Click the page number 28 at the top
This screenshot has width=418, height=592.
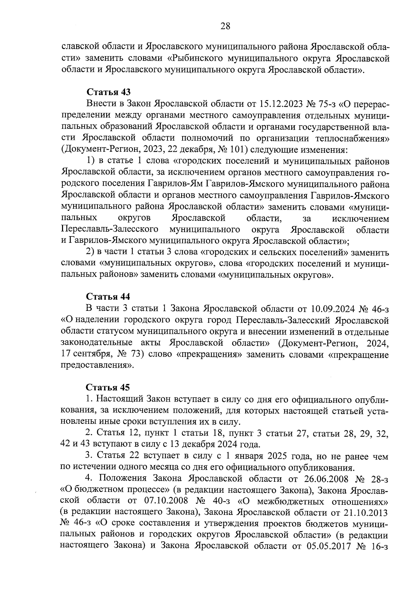coord(225,26)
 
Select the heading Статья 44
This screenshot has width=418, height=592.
coord(108,297)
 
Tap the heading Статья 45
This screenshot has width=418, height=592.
coord(108,387)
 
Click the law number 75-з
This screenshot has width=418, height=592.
coord(328,104)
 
